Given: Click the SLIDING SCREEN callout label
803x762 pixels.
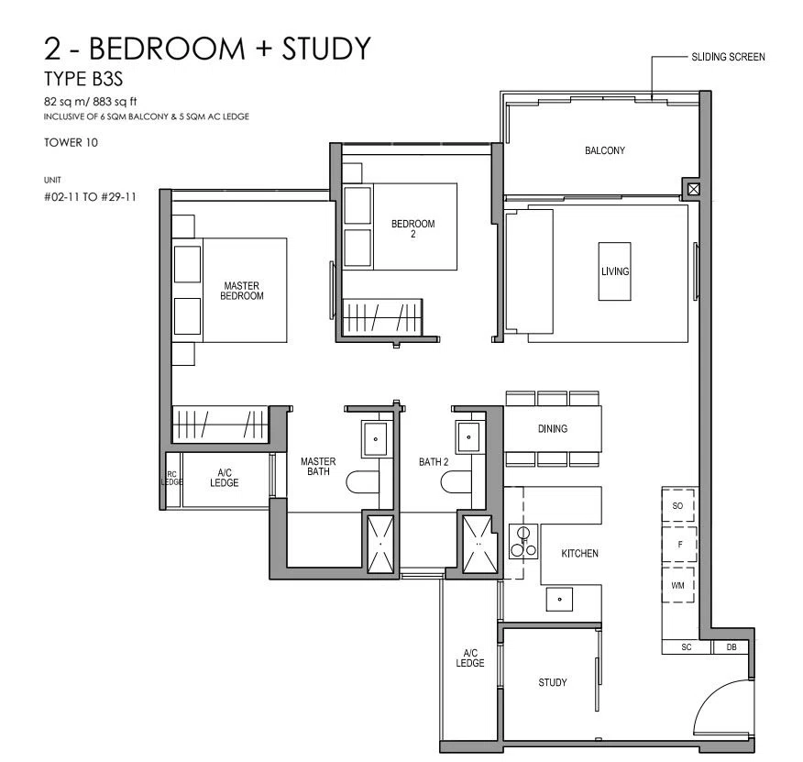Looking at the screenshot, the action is [728, 57].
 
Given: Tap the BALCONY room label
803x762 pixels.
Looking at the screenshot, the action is [605, 150].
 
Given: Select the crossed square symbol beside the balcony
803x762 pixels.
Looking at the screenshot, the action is [693, 189].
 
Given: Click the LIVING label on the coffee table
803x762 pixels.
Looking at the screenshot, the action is [614, 271].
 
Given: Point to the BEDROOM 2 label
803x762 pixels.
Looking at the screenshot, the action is [412, 228].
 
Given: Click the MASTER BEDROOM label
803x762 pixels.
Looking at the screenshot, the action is [242, 291].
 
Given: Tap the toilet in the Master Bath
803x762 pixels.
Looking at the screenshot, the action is [362, 481].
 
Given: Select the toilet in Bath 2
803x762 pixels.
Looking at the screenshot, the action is [456, 481].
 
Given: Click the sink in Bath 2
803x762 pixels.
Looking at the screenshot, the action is [468, 437].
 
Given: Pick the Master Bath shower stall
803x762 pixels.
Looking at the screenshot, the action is [380, 544].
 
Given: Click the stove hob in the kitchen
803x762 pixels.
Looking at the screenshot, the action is [522, 542].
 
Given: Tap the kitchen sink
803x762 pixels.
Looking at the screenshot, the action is [559, 599].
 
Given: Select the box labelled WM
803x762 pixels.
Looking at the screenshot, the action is [677, 585].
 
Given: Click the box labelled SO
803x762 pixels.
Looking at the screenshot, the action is [677, 506].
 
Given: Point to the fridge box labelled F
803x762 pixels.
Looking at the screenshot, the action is [679, 545].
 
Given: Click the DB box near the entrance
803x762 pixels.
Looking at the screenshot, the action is [731, 647].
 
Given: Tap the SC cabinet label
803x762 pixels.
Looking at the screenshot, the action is [687, 647].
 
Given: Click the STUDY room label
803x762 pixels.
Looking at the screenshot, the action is [552, 682].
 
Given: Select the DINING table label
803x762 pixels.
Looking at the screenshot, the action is [553, 429].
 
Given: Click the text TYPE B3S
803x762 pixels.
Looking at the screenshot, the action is [83, 80].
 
